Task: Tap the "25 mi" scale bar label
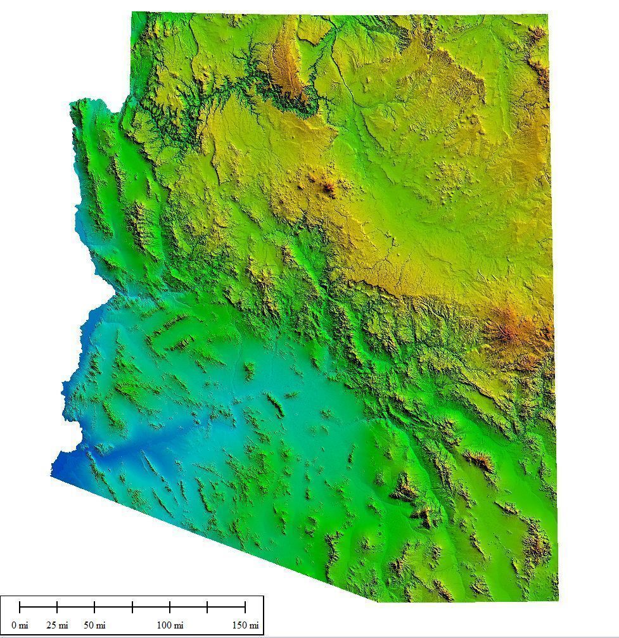click(x=57, y=625)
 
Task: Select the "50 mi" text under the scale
click(x=95, y=625)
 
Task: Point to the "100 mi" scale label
click(x=170, y=625)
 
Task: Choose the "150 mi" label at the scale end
click(x=245, y=625)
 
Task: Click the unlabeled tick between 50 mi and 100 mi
click(x=132, y=608)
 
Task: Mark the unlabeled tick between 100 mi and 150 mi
click(x=207, y=608)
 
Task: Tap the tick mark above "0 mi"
click(x=20, y=608)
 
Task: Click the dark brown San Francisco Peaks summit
click(x=328, y=186)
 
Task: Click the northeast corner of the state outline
click(x=547, y=14)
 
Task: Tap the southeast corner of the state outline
click(x=558, y=599)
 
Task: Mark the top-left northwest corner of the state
click(x=132, y=13)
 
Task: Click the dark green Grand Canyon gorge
click(x=253, y=82)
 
